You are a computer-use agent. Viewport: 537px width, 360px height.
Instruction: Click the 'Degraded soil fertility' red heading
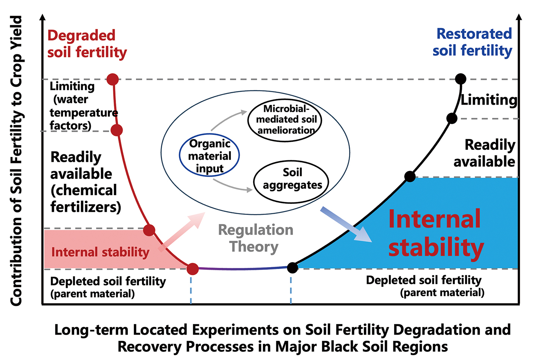[86, 44]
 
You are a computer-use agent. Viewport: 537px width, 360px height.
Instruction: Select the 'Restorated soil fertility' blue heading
[473, 42]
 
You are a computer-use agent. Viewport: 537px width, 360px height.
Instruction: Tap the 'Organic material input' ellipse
[209, 155]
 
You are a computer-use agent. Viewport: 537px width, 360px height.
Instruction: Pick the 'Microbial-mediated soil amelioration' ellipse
[285, 119]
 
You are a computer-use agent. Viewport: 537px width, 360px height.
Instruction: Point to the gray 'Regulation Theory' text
[255, 238]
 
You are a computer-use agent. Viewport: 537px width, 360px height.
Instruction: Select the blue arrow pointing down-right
[346, 224]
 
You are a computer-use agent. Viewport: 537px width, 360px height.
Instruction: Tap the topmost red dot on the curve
[113, 79]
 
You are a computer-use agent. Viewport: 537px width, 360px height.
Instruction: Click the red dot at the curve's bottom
[193, 269]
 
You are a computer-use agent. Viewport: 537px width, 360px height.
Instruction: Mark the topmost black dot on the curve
[460, 79]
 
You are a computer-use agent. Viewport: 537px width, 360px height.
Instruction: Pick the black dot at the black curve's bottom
[292, 268]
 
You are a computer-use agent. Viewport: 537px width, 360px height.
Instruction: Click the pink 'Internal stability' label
[100, 252]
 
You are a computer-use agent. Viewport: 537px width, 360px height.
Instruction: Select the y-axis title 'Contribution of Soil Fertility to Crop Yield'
[16, 161]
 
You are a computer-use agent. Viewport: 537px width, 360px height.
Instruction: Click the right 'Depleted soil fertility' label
[424, 285]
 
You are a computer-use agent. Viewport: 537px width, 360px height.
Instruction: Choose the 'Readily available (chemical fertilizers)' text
[85, 182]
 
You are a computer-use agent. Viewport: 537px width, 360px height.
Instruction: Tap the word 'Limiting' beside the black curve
[489, 100]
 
